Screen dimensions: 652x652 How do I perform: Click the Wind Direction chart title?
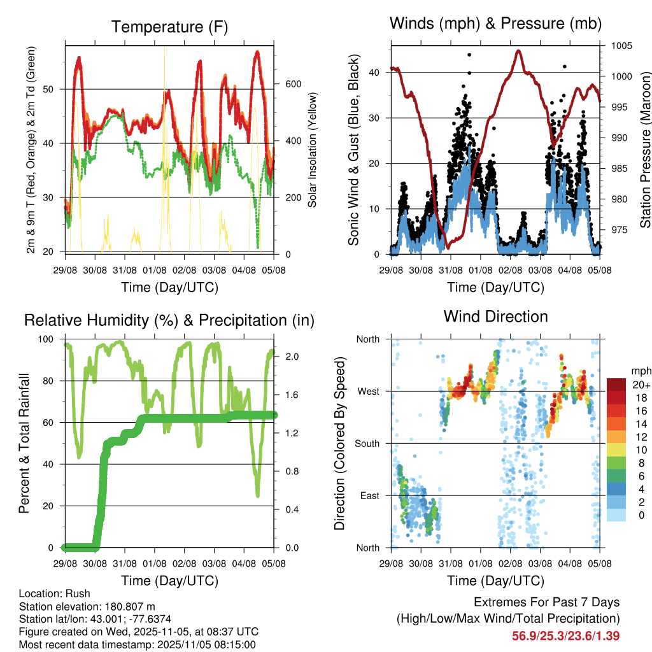pyautogui.click(x=495, y=316)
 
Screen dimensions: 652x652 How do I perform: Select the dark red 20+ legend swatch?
pyautogui.click(x=616, y=385)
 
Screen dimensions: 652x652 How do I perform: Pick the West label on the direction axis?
pyautogui.click(x=368, y=392)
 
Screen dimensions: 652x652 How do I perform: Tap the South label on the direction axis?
pyautogui.click(x=367, y=444)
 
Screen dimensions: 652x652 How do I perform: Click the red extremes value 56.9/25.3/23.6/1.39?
pyautogui.click(x=565, y=635)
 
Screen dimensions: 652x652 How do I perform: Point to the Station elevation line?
pyautogui.click(x=87, y=606)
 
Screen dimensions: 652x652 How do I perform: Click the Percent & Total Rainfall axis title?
pyautogui.click(x=24, y=443)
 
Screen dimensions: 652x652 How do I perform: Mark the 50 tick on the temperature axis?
pyautogui.click(x=57, y=89)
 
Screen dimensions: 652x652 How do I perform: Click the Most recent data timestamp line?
pyautogui.click(x=137, y=644)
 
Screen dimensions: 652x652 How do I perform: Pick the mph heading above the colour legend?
pyautogui.click(x=639, y=371)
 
